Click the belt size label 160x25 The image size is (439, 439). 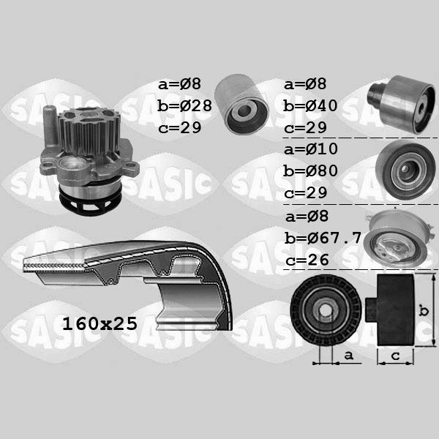tap(100, 323)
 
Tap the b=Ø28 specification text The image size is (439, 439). tap(184, 106)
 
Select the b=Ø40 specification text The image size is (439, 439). tap(310, 106)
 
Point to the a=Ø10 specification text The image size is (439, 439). tap(311, 149)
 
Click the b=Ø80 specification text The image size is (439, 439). tap(310, 170)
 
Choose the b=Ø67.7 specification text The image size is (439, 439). tap(323, 239)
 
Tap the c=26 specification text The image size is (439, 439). tap(307, 260)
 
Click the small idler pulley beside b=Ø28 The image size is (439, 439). tap(241, 105)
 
